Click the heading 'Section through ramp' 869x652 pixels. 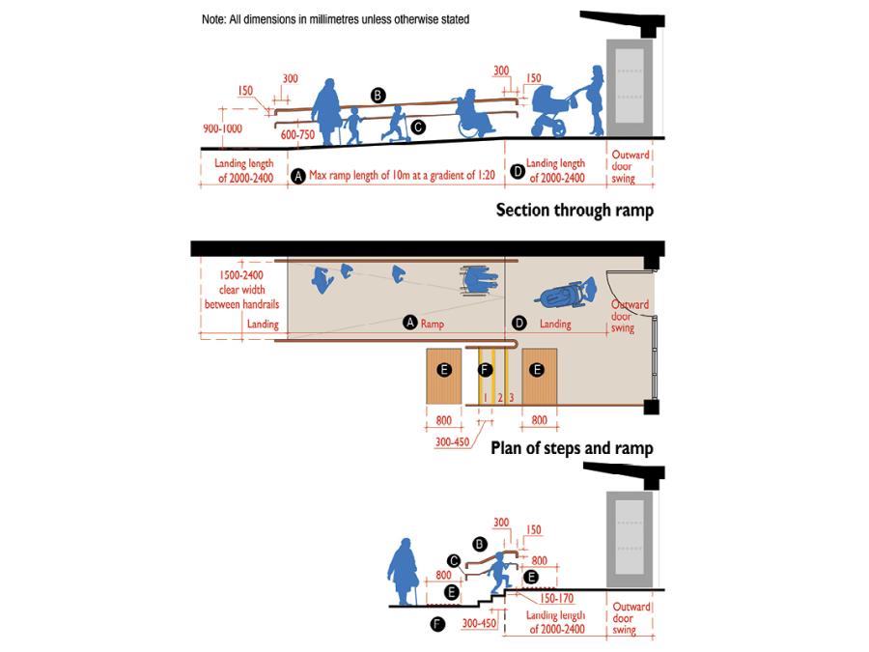[x=574, y=210]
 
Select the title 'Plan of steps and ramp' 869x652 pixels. [x=572, y=448]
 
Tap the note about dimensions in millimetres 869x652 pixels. [x=335, y=19]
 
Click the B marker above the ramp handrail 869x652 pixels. [x=378, y=95]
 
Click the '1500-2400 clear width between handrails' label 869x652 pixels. [x=240, y=290]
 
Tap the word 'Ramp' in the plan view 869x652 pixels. [x=432, y=325]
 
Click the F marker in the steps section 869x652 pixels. [x=438, y=625]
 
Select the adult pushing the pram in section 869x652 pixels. [x=595, y=100]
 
